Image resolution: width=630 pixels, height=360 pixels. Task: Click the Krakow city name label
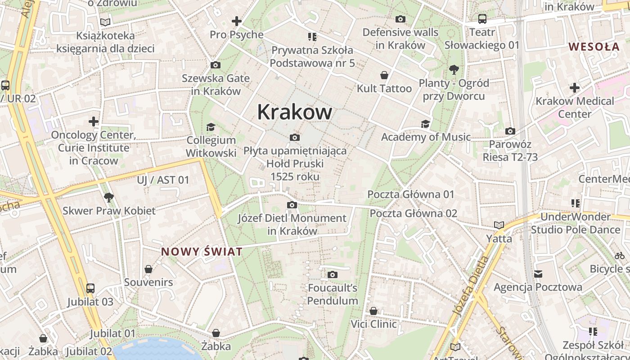tap(295, 112)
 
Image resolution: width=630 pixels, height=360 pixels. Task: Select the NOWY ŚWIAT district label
tap(202, 252)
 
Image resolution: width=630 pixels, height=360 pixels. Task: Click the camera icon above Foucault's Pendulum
tap(333, 274)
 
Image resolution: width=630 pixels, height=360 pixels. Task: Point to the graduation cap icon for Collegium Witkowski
tap(211, 127)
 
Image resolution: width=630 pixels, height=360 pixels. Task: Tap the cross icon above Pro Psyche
tap(236, 21)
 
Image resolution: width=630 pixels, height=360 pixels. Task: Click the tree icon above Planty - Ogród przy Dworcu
tap(454, 70)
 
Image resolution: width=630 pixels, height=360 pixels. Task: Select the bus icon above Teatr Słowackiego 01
tap(482, 19)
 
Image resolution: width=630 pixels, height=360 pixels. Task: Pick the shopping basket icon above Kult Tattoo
tap(384, 75)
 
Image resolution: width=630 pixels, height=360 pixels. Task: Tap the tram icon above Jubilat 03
tap(90, 288)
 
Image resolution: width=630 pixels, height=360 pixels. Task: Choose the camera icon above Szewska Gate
tap(216, 65)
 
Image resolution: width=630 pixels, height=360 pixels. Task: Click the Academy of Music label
tap(426, 137)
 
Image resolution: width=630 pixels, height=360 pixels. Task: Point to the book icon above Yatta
tap(499, 225)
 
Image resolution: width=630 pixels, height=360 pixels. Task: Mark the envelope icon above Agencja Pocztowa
tap(538, 274)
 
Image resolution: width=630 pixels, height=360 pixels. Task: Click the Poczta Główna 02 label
tap(413, 213)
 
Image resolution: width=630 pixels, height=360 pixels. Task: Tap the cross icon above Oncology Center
tap(93, 121)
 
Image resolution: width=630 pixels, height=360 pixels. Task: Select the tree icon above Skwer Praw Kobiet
tap(108, 197)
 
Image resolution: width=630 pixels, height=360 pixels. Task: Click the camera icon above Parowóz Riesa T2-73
tap(510, 131)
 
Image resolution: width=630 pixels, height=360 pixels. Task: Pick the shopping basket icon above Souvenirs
tap(148, 269)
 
